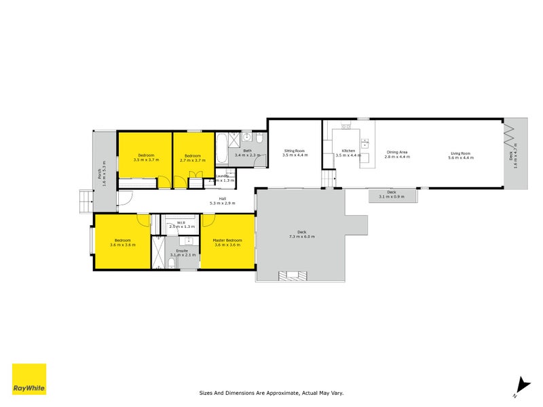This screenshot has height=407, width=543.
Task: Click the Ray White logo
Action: point(29,379)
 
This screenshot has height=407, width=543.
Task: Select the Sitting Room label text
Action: point(295,151)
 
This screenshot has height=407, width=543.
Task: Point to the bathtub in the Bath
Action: point(223,147)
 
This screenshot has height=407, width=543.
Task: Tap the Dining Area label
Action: point(396,153)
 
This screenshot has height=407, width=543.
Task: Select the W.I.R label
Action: point(181,222)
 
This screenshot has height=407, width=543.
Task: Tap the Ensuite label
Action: point(182,250)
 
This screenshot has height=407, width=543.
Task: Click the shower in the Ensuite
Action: point(157,252)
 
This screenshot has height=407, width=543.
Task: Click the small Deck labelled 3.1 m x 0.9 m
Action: point(391,195)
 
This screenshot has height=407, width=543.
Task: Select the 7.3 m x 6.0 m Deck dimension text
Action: point(302,236)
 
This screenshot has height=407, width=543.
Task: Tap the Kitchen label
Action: point(348,151)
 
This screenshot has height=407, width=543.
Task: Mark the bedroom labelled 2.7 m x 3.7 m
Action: point(193,157)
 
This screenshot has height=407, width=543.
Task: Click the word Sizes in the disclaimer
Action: point(206,392)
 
